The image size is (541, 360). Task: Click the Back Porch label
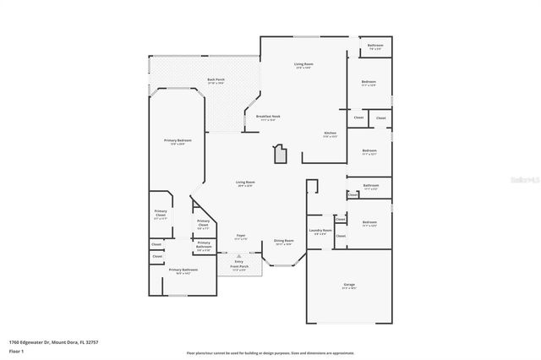(x=216, y=80)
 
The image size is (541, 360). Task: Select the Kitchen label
(x=331, y=133)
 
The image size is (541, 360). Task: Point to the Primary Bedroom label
(x=178, y=140)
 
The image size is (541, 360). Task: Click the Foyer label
(x=241, y=236)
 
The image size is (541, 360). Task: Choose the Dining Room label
(x=283, y=241)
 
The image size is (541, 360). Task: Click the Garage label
(x=348, y=285)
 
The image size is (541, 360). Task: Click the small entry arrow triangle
(x=239, y=254)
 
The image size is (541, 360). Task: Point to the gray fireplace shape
(x=280, y=155)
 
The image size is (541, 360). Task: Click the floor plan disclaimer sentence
(x=270, y=352)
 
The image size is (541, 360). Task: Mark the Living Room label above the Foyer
(x=245, y=183)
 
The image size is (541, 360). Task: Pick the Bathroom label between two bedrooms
(x=370, y=186)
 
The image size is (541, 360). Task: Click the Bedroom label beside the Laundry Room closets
(x=369, y=224)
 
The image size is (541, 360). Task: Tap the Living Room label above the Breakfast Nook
(x=303, y=64)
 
